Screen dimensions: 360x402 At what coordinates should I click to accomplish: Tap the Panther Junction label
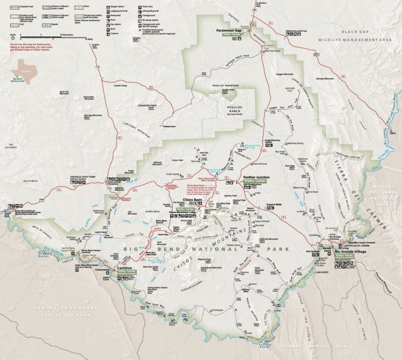tap(254, 178)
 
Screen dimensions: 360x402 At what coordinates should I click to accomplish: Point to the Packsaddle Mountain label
tap(89, 97)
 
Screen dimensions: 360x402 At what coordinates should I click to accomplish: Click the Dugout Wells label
tap(275, 205)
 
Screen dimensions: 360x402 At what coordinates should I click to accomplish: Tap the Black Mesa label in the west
tap(31, 181)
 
